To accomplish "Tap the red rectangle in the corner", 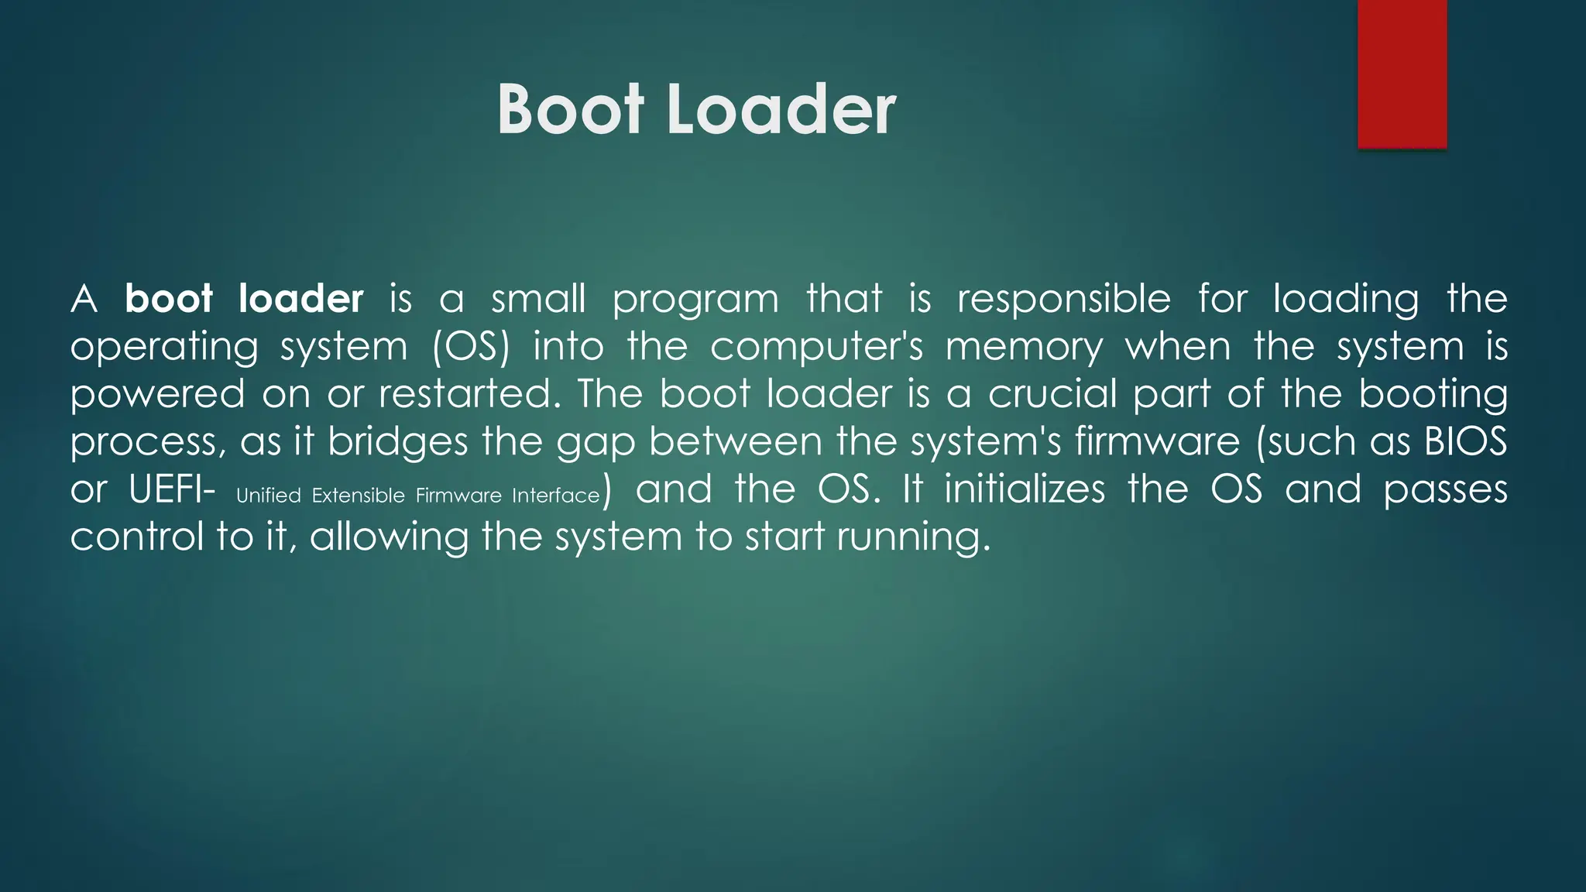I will click(x=1402, y=74).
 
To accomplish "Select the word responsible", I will click(x=1063, y=299).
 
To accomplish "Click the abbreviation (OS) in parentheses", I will click(x=472, y=347).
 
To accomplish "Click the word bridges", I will click(x=397, y=442).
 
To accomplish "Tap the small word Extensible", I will click(x=359, y=496).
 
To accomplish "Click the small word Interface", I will click(x=555, y=496).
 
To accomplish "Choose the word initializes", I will click(x=1024, y=490).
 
